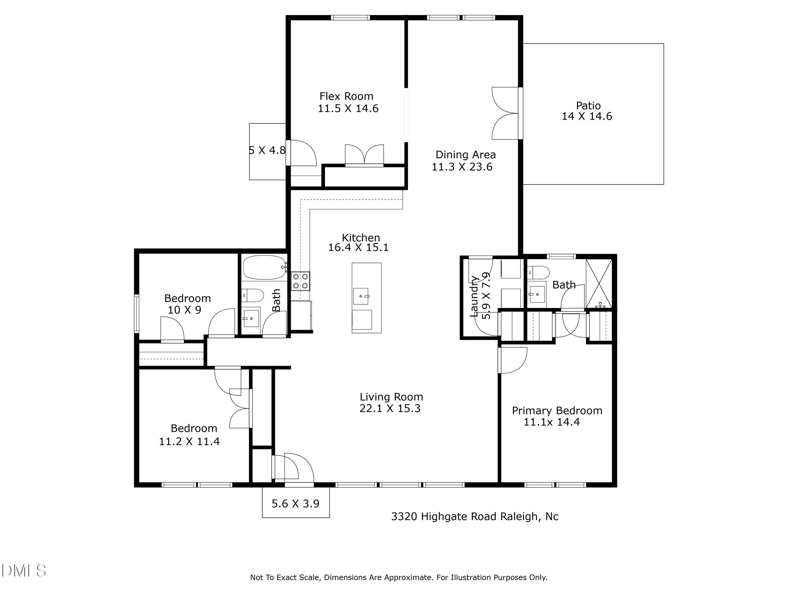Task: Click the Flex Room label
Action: (346, 96)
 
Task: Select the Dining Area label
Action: (465, 155)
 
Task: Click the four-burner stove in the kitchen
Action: (301, 281)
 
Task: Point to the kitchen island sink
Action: (360, 296)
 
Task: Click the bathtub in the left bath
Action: (264, 267)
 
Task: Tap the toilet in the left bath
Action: (252, 296)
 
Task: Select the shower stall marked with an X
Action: (599, 284)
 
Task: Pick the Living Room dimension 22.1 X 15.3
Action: (390, 409)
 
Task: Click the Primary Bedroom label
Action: (557, 411)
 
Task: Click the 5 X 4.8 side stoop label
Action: (267, 150)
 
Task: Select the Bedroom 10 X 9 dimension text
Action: (184, 310)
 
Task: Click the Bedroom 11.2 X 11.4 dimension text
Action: (189, 441)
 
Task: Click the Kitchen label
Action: (361, 238)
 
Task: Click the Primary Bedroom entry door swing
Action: (512, 360)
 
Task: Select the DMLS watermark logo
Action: (24, 571)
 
